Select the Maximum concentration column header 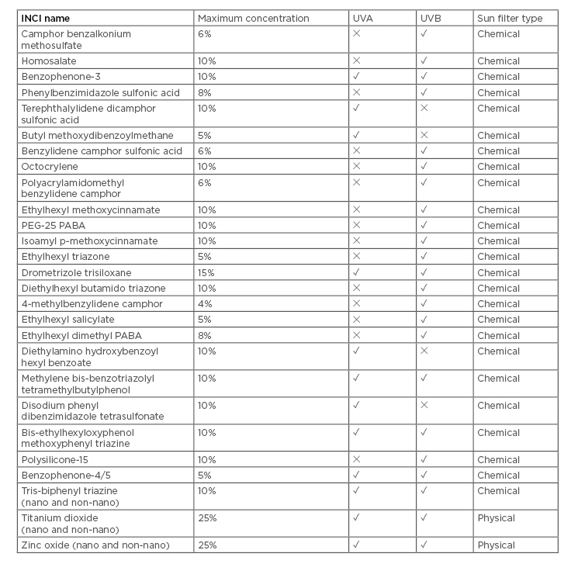tap(253, 19)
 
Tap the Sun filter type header tap(510, 19)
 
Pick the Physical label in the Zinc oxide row tap(497, 545)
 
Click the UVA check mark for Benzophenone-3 tap(356, 77)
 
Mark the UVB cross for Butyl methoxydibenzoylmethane tap(424, 135)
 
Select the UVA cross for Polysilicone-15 tap(356, 459)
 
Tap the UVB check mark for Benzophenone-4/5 tap(424, 475)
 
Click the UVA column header tap(362, 19)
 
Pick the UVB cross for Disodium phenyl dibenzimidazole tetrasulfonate tap(424, 405)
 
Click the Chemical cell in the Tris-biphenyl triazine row tap(498, 491)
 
